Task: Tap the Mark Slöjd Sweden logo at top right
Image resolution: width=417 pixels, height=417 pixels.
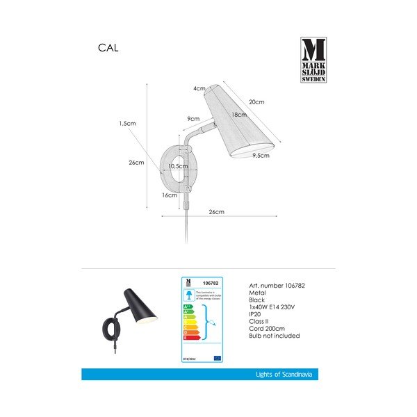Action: (x=313, y=61)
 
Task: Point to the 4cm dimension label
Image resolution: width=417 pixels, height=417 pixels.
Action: (x=199, y=88)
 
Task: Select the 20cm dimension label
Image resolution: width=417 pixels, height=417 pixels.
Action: (x=256, y=101)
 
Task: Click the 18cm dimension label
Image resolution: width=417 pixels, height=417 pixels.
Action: (x=239, y=114)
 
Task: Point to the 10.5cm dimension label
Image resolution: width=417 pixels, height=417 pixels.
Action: (x=179, y=167)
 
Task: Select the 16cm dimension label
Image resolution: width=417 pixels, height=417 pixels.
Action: (x=168, y=195)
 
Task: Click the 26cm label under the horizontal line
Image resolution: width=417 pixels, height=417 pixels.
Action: (x=216, y=211)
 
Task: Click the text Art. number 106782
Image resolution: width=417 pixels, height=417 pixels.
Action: (x=277, y=286)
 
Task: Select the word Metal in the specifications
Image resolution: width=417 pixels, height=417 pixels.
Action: (x=257, y=294)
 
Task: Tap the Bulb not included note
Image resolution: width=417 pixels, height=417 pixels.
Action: (x=275, y=336)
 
